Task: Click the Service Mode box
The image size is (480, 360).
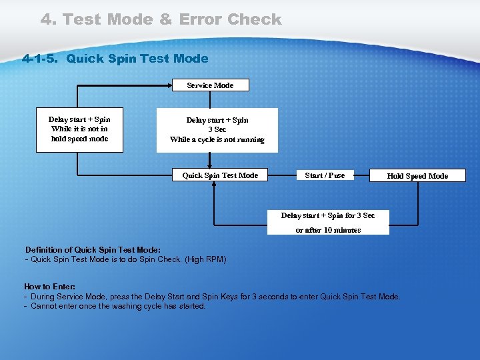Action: tap(210, 85)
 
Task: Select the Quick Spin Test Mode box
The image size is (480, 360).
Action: tap(220, 175)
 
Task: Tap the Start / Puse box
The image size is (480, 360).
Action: tap(325, 175)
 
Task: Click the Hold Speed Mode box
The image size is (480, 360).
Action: tap(417, 176)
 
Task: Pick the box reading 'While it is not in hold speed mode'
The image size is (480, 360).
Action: tap(79, 129)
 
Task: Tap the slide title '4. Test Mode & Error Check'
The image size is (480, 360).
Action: tap(161, 19)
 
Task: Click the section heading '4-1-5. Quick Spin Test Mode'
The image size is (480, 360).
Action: tap(115, 59)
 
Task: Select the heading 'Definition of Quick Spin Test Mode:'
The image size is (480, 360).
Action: tap(93, 249)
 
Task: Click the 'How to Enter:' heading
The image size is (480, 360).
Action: tap(49, 287)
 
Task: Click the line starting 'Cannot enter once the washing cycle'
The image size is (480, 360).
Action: tap(117, 306)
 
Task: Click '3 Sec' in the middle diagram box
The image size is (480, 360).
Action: tap(217, 130)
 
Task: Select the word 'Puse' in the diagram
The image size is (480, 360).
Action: tap(336, 175)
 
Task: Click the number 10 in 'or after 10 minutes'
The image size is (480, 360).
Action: tap(328, 230)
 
